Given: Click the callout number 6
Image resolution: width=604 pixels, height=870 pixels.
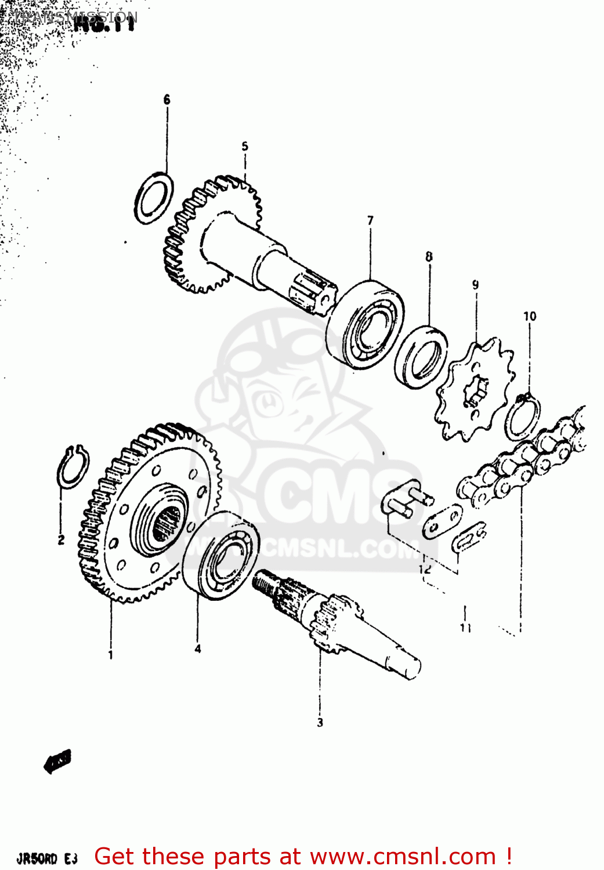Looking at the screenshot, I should (x=167, y=100).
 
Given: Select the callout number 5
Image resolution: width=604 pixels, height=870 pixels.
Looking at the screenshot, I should (x=245, y=146).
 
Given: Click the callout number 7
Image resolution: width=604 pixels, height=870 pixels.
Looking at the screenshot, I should (x=370, y=220).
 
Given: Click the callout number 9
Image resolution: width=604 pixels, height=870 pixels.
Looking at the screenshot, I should (x=476, y=285).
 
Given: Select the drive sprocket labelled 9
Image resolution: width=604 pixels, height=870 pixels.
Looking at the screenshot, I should (x=475, y=390).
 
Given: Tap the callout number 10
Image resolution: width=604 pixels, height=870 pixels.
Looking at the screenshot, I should (x=530, y=316).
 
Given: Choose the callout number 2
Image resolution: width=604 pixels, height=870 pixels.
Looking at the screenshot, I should (x=61, y=540).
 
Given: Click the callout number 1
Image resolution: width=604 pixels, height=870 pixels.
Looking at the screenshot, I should (x=110, y=655).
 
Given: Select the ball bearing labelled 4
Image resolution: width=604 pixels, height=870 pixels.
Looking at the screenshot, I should (x=221, y=554).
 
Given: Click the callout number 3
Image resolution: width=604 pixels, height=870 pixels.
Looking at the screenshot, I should (x=320, y=723).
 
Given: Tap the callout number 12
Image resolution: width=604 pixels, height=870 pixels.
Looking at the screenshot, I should (x=425, y=569).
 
